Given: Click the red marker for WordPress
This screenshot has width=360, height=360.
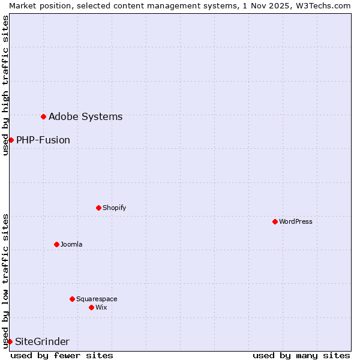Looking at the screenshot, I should coord(275,221).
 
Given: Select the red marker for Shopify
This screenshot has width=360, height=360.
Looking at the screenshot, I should coord(98,208).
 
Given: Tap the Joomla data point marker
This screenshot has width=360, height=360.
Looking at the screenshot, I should coord(56,244).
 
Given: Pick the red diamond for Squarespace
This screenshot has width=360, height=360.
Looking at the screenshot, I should coord(72,299).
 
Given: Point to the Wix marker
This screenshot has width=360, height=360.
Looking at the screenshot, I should coord(91,307).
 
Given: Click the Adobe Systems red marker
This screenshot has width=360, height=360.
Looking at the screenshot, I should coord(43,116).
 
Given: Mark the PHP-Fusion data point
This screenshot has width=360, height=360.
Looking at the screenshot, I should coord(11,140).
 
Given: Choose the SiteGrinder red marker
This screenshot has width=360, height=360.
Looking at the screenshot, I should coord(10,341).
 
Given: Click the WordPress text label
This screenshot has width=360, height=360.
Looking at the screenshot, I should coord(296,221).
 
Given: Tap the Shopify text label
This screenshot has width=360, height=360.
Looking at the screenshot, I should coord(115,208).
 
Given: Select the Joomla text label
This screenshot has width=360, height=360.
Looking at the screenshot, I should coord(71,244).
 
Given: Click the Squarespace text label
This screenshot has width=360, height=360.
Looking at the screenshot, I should coord(97,299).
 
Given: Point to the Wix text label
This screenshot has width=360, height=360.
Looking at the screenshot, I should coord(101,307).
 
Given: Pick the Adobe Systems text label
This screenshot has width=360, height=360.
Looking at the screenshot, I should coord(85,116).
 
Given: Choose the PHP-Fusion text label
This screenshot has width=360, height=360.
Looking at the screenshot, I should coord(43,140).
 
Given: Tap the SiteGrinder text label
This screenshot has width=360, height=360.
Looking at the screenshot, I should coord(42,341).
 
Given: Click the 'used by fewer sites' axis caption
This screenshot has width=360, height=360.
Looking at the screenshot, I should coord(62,355).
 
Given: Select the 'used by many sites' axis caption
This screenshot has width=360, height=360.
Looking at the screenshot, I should coord(301,355).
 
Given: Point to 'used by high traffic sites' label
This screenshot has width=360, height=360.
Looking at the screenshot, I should coord(5,85).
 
